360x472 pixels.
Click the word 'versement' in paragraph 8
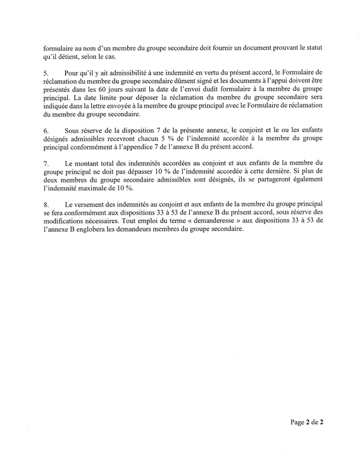click(91, 204)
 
